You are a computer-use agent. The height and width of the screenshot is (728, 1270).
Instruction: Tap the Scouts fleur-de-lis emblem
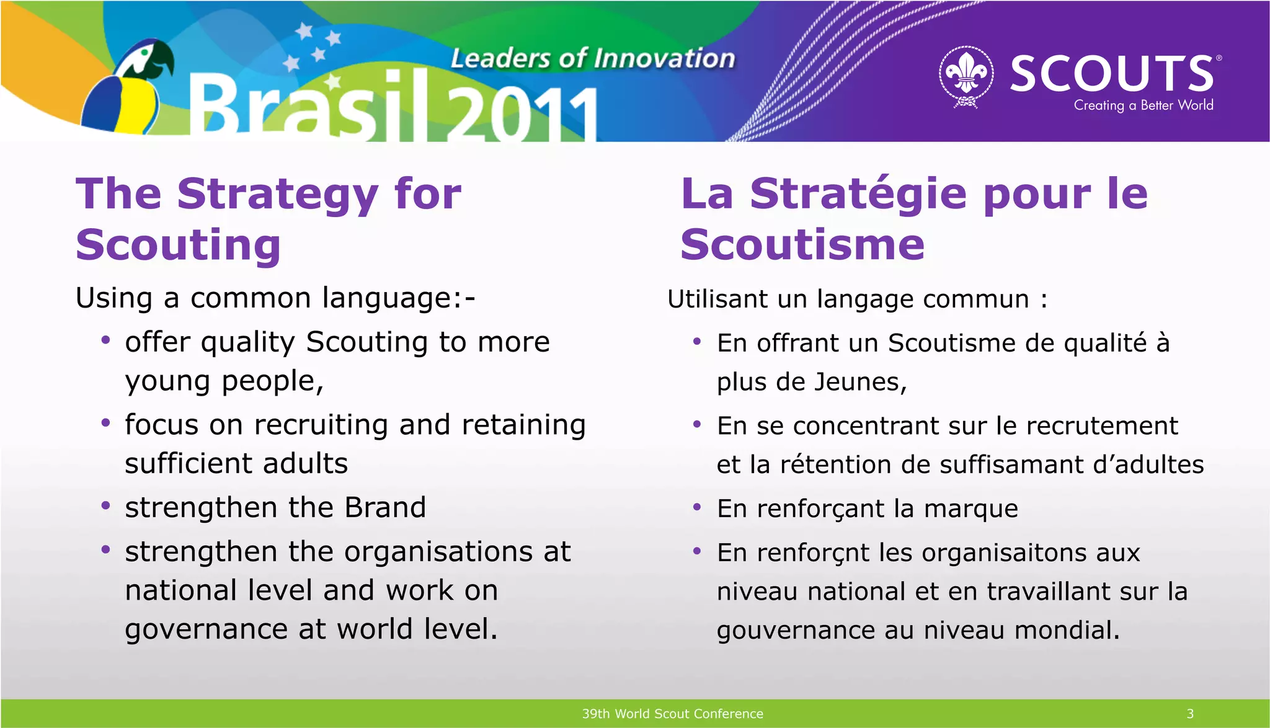966,76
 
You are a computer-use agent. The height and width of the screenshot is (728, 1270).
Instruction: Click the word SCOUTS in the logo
1111,73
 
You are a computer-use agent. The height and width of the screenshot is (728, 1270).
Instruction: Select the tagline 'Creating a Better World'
1143,105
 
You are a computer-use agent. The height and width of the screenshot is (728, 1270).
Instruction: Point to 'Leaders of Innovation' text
592,58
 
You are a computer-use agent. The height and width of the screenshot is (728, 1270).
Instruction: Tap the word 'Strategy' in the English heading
277,194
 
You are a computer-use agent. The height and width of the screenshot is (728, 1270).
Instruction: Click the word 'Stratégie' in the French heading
858,194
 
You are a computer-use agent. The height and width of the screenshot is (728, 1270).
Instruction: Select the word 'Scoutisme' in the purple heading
802,245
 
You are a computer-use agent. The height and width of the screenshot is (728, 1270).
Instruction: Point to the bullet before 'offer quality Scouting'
106,340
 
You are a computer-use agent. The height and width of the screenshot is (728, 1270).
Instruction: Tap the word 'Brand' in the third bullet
385,508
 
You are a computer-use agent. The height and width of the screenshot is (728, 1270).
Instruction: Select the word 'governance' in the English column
206,630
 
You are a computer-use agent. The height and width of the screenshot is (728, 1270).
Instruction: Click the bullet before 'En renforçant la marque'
697,508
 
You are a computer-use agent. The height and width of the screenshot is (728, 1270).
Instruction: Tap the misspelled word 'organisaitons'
995,553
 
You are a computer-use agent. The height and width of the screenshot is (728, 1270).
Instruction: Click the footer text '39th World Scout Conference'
672,714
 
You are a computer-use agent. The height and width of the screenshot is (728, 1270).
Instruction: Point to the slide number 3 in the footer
1190,714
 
